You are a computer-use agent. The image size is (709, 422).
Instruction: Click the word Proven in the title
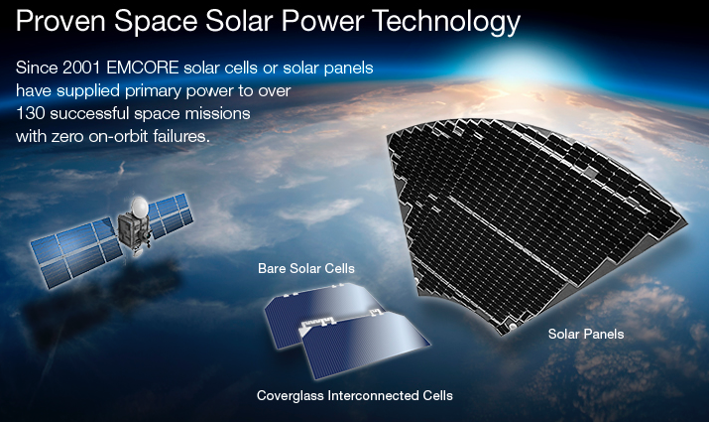coord(61,21)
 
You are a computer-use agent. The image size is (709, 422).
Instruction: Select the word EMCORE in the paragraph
coord(143,68)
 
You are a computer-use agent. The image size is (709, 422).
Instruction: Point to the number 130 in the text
coord(31,113)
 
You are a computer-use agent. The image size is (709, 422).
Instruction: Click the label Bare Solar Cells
coord(306,268)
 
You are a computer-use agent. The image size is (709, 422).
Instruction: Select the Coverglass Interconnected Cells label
coord(355,396)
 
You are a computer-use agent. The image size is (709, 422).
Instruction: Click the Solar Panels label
coord(586,335)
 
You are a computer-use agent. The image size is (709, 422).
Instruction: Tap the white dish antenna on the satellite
coord(139,207)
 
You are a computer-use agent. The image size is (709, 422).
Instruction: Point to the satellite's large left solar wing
coord(76,252)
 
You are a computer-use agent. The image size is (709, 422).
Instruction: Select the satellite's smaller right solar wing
coord(171,215)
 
